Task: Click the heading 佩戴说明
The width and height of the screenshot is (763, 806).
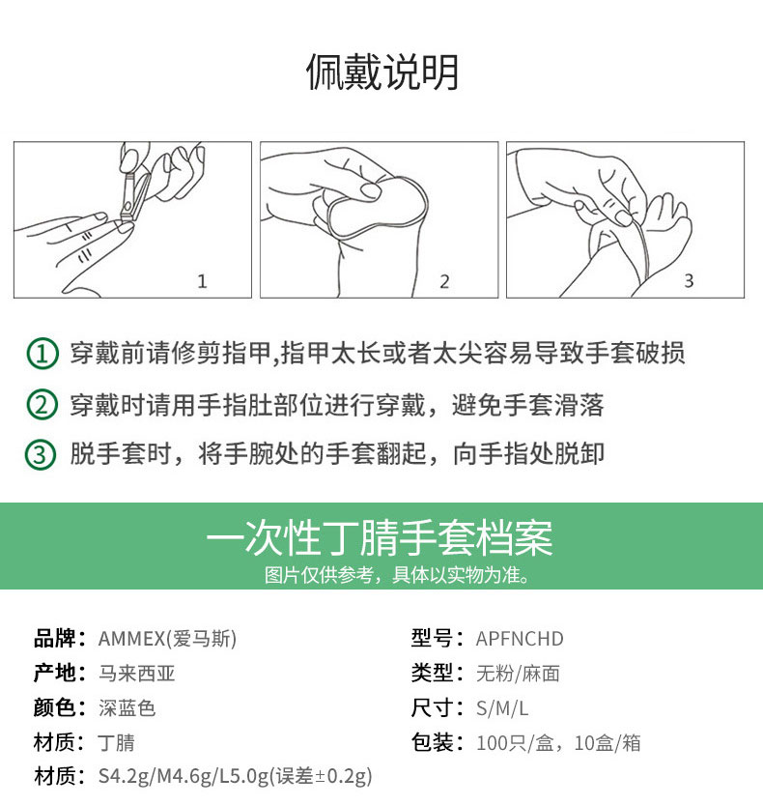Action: [381, 72]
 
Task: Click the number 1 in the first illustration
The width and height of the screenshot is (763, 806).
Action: [202, 281]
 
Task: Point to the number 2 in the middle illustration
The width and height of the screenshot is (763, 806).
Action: [444, 281]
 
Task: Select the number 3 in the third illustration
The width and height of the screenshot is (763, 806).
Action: [689, 280]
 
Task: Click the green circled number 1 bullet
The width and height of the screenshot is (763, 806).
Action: [42, 354]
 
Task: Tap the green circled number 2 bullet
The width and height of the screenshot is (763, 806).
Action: [42, 405]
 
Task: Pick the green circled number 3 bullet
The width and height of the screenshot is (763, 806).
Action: [40, 455]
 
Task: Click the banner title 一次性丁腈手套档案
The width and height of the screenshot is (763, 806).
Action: [380, 537]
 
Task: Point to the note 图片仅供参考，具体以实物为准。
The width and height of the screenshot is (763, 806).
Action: [397, 575]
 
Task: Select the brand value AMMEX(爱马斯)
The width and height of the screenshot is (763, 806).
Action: [167, 639]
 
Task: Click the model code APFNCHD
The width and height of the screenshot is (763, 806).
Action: [520, 639]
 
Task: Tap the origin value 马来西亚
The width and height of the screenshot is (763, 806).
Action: [137, 673]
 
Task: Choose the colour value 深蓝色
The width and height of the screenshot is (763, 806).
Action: [127, 707]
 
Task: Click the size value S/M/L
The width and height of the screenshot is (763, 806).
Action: [502, 708]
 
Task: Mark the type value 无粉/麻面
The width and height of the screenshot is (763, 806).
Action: [518, 674]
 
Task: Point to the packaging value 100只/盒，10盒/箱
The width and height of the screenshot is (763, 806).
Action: [558, 743]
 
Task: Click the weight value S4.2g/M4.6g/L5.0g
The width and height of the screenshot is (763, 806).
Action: [184, 776]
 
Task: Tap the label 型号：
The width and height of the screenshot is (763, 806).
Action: [438, 639]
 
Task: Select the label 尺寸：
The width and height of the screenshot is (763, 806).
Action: [438, 707]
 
